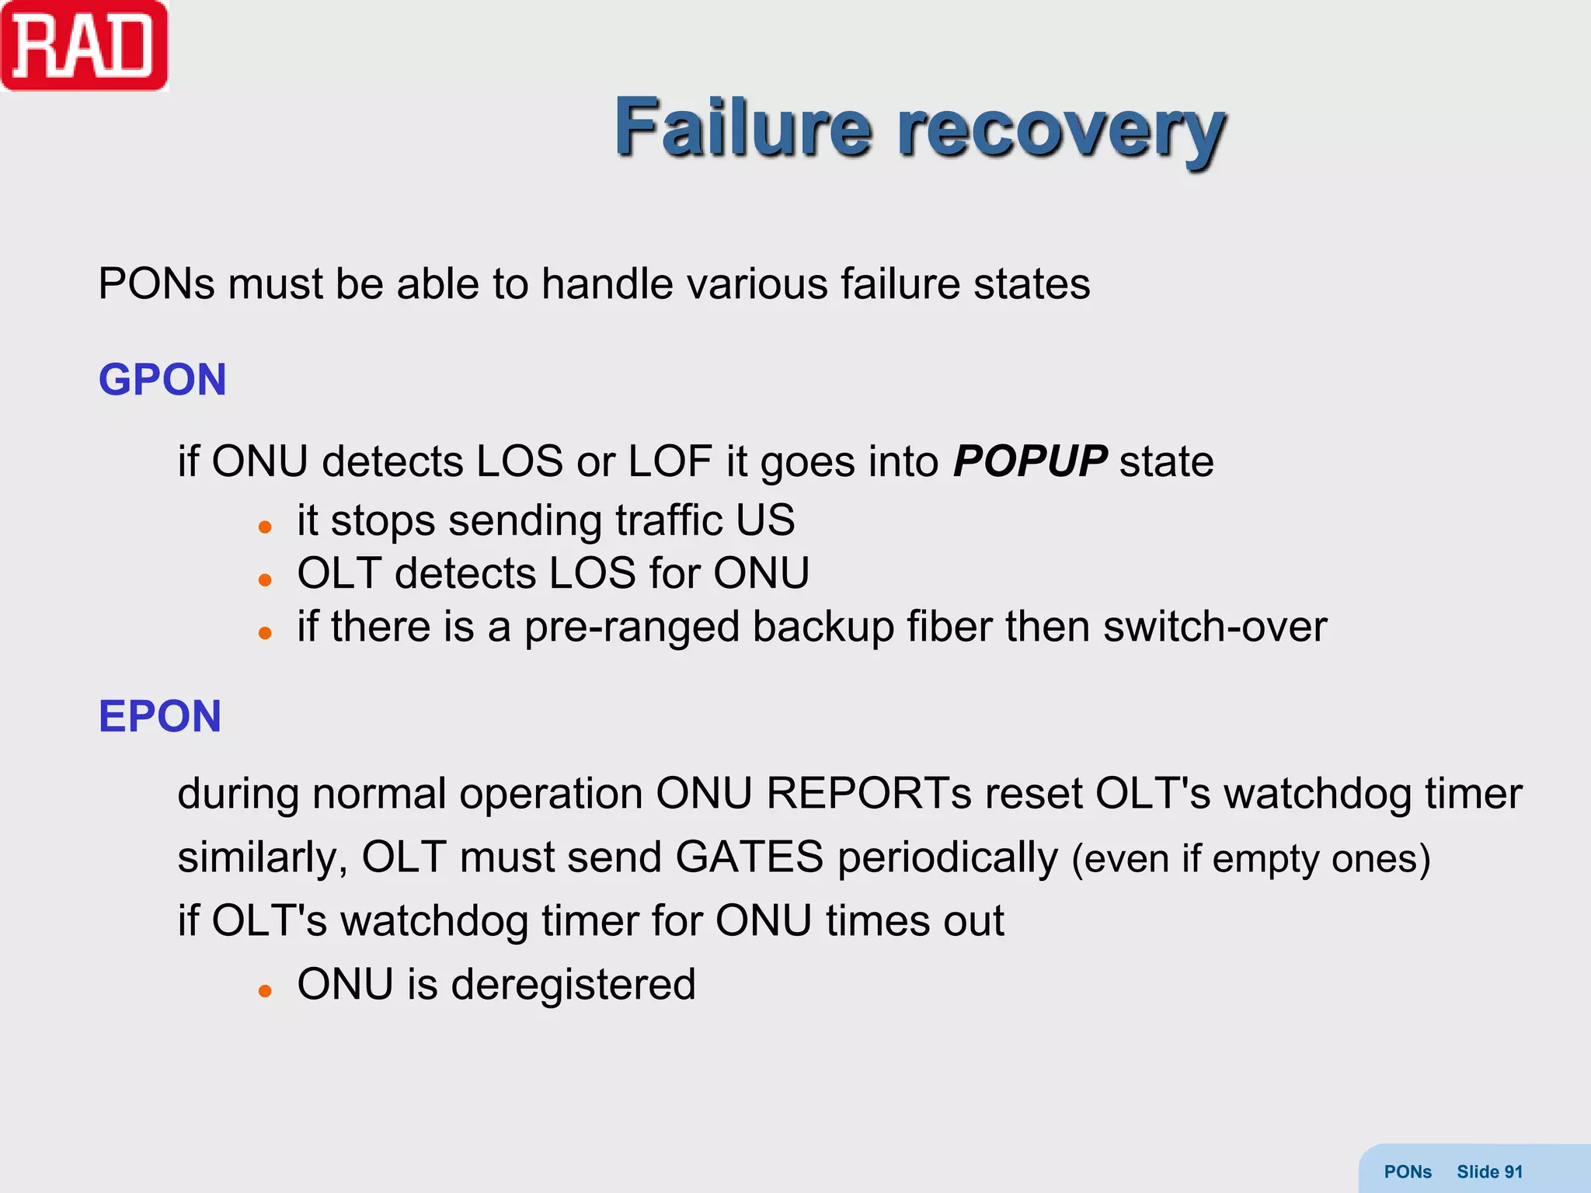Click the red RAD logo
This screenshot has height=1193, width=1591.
[x=84, y=47]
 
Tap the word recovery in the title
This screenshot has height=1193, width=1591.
[x=1061, y=130]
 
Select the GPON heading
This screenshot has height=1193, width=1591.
[x=162, y=380]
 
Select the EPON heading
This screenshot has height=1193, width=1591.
[x=160, y=716]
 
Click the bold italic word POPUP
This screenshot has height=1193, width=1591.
[x=1029, y=461]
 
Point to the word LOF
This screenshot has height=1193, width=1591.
[x=670, y=461]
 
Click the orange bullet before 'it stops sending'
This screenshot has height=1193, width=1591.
[x=265, y=527]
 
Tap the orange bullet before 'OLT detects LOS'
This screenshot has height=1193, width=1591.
[x=265, y=580]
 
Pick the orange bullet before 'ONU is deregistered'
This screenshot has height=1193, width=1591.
[x=265, y=991]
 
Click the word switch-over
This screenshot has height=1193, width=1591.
[x=1215, y=626]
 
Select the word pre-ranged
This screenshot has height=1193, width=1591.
[x=631, y=628]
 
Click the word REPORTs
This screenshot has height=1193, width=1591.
[x=869, y=794]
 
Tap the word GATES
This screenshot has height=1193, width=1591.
[x=749, y=857]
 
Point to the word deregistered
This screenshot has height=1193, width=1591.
[x=573, y=985]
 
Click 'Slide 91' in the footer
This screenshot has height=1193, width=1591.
[x=1489, y=1172]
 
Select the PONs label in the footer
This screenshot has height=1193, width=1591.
[x=1408, y=1172]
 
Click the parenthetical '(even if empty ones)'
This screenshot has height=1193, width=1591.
[x=1251, y=859]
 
